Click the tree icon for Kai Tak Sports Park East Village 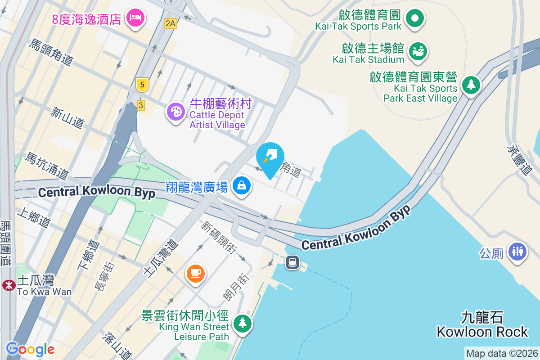point(471,84)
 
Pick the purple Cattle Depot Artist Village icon point(175,111)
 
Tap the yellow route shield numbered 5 point(142,84)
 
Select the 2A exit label point(170,23)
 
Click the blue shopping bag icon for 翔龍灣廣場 point(242,185)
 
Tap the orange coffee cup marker point(196,273)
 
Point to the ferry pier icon point(292,261)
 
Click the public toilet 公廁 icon point(517,251)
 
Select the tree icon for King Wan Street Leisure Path point(243,323)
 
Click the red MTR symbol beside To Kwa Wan point(8,284)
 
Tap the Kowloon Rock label point(482,332)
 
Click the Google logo point(30,349)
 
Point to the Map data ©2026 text point(502,353)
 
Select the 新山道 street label point(67,117)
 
